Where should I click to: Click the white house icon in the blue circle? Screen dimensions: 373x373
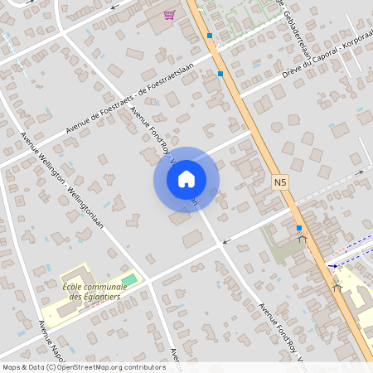tap(186, 179)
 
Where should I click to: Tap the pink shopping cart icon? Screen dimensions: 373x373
tap(169, 15)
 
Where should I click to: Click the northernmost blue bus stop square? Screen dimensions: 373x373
tap(210, 36)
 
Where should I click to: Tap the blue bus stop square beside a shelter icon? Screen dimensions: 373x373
tap(298, 227)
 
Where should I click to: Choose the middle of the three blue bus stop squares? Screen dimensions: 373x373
tap(220, 73)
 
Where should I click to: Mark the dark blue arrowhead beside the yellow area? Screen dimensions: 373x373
tap(333, 267)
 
